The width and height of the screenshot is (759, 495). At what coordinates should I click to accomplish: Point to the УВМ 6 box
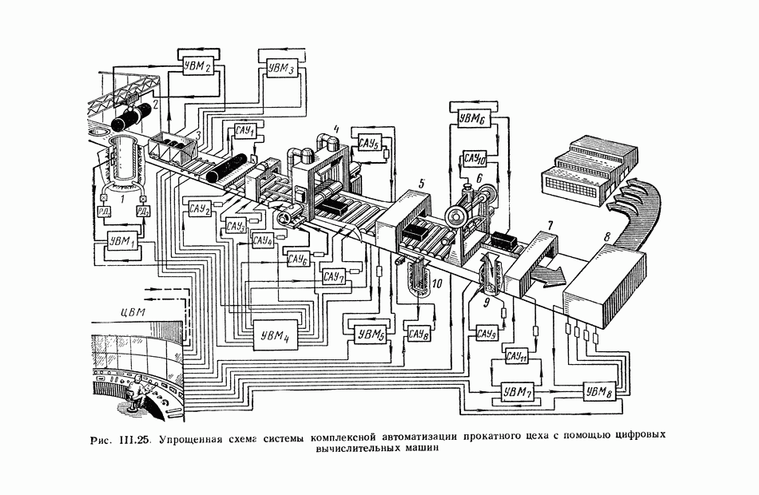point(471,120)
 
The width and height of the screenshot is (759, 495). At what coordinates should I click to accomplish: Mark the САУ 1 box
point(242,131)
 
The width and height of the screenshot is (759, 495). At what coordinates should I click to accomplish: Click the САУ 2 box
point(200,209)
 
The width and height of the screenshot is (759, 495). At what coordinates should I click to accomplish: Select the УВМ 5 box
point(368,334)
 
